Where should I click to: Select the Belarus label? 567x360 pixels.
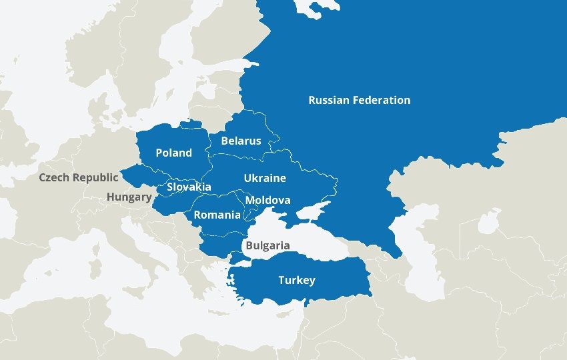coord(241,141)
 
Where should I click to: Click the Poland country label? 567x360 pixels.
coord(173,153)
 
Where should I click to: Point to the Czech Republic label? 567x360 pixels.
coord(78,177)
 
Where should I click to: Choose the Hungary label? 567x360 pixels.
coord(129,197)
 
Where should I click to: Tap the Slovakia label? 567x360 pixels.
coord(189,187)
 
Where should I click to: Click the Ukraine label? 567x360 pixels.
coord(265,178)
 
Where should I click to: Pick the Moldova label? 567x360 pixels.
coord(267,200)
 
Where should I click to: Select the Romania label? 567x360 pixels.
coord(217,215)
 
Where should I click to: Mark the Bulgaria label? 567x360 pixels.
coord(267,245)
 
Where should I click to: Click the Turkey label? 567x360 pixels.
coord(297,280)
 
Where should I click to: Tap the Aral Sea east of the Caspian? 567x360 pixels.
coord(489,220)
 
